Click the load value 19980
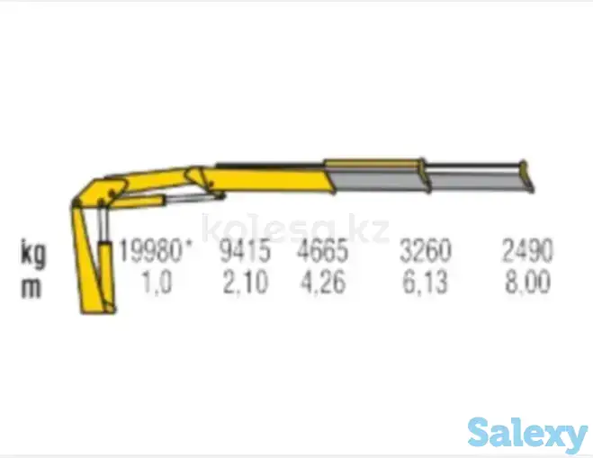(x=150, y=250)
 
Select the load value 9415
(x=246, y=250)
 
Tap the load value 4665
(x=322, y=250)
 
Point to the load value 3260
(x=426, y=250)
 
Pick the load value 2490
(x=527, y=250)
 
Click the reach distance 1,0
(x=157, y=283)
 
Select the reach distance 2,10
(x=246, y=283)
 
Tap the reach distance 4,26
(x=323, y=283)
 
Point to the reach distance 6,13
(x=425, y=283)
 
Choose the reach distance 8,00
(x=528, y=283)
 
